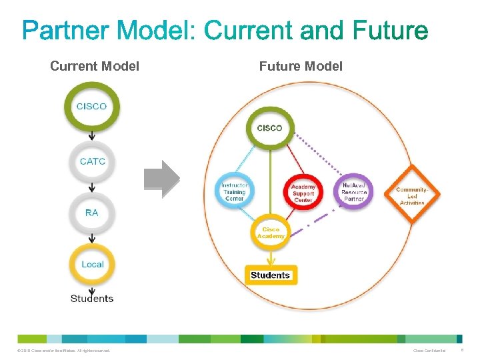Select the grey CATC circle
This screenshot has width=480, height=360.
92,161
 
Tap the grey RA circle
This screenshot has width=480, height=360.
92,213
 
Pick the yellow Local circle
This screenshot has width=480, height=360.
92,264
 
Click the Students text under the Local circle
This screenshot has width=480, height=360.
92,299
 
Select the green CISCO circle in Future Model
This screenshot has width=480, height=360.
269,127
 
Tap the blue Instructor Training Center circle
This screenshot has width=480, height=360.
234,192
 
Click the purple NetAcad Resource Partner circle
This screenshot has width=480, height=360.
354,192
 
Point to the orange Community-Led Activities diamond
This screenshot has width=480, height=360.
411,193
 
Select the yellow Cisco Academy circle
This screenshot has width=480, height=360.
271,233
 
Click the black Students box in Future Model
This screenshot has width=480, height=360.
270,275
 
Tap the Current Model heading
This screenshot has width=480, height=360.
95,66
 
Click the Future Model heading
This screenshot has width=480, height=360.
301,66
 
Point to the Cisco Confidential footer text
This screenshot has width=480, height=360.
429,351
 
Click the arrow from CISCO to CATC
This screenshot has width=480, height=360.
92,137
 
